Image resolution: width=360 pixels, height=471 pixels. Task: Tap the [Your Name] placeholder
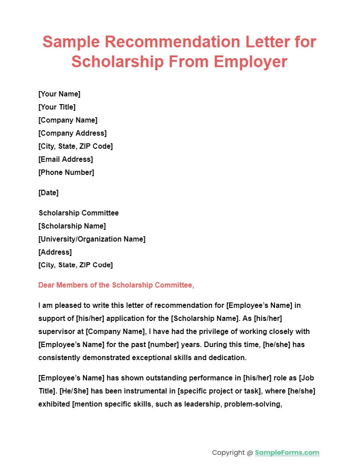point(59,94)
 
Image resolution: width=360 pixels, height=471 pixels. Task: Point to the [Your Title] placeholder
point(57,107)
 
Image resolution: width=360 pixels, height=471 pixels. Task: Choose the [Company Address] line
point(73,133)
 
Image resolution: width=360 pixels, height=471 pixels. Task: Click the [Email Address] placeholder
point(66,159)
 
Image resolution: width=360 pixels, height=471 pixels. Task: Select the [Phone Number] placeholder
point(66,172)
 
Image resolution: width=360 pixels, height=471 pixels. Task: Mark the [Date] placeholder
point(49,193)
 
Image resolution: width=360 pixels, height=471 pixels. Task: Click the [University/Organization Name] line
point(92,239)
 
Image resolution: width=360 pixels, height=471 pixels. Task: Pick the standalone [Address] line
point(55,252)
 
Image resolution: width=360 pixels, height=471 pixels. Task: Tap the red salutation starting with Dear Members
point(116,285)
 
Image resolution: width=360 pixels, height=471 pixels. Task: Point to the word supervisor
point(61,332)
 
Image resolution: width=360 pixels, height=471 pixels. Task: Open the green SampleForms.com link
point(287,453)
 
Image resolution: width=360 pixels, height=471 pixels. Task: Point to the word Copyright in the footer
point(228,453)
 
